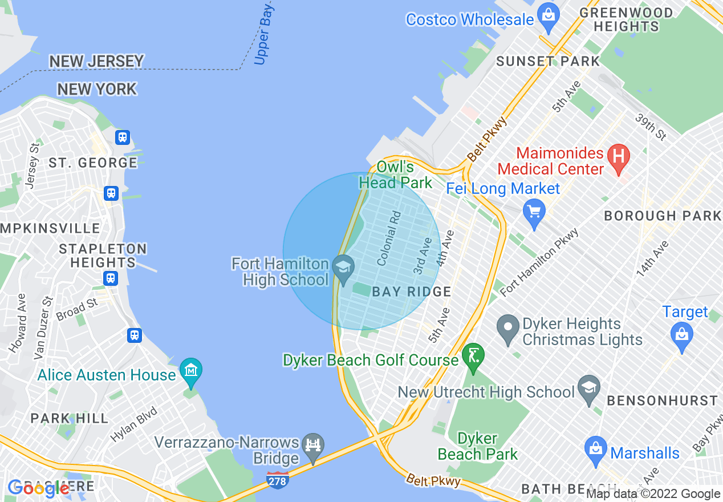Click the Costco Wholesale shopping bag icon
(x=548, y=17)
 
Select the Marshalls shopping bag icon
(x=595, y=451)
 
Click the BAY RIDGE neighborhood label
(x=411, y=292)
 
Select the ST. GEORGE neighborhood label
(x=92, y=163)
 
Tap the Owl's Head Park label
(x=395, y=175)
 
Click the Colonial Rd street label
(x=389, y=238)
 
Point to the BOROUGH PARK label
(x=663, y=216)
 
